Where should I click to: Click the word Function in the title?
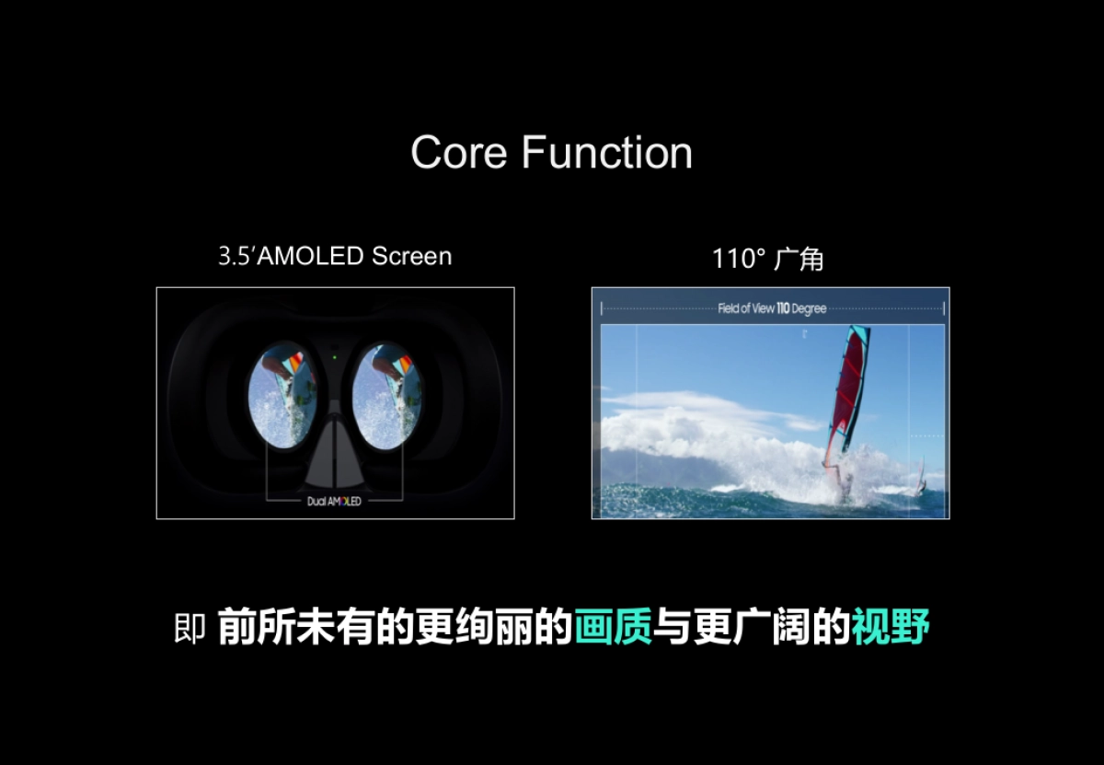(x=607, y=153)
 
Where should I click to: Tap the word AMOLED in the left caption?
(x=311, y=256)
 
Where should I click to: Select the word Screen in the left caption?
(x=411, y=256)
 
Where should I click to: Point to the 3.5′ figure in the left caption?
(x=236, y=256)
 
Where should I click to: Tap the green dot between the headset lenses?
(x=335, y=355)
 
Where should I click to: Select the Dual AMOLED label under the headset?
(x=334, y=501)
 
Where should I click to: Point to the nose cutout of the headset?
(x=335, y=460)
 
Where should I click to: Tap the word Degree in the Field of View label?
(x=810, y=308)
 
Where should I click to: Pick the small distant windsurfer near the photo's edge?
(x=920, y=479)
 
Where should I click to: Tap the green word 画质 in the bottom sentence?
(x=613, y=628)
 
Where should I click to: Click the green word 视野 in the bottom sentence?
(x=890, y=628)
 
